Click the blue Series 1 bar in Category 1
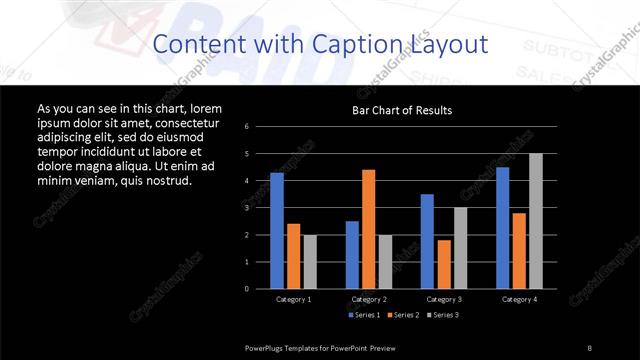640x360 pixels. [277, 231]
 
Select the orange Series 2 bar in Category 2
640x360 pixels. [369, 229]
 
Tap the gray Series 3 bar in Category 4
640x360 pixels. [536, 221]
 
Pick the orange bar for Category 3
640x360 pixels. [444, 264]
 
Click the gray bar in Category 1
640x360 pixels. [310, 262]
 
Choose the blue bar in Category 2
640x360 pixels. [352, 255]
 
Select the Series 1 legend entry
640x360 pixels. [364, 315]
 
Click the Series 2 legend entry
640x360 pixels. [402, 315]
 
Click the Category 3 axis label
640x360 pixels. [443, 299]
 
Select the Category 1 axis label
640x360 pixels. [293, 299]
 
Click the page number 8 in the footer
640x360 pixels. [590, 347]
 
